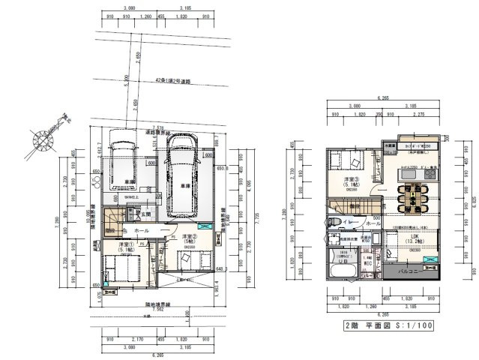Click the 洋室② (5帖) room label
coord(187,238)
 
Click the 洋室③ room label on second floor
coord(351,181)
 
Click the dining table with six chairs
coord(412,196)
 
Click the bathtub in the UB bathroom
coord(341,269)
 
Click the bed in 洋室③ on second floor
coord(346,160)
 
